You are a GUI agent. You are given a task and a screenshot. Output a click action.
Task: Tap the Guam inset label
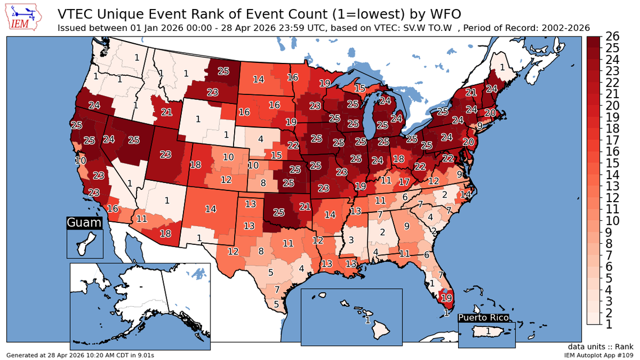pos(84,223)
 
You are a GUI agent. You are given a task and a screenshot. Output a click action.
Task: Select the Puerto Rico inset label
pos(484,318)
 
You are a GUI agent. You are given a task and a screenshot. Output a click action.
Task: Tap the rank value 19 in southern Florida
pos(447,298)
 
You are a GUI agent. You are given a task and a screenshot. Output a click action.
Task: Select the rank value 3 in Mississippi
pos(350,240)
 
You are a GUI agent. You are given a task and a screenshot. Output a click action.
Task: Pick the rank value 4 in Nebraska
pos(260,138)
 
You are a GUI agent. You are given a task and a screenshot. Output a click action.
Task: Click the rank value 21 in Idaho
pos(166,112)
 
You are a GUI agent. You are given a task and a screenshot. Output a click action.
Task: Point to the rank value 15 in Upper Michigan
pos(359,88)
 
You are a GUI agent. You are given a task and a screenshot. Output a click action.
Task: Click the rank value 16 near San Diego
pos(113,209)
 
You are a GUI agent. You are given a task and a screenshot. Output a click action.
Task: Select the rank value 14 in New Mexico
pos(211,209)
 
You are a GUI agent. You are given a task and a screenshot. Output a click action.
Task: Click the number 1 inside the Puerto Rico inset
pos(487,332)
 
